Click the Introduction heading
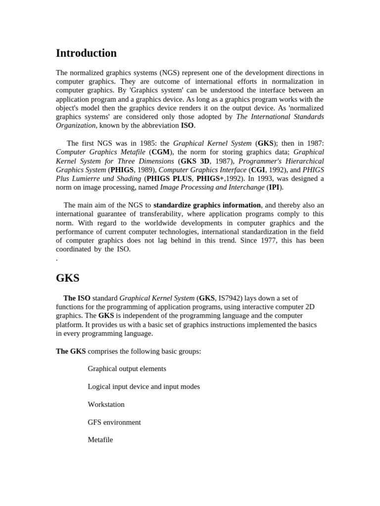click(86, 53)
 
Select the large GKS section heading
click(68, 278)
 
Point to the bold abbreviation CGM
click(161, 152)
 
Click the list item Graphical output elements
click(127, 369)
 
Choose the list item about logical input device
click(143, 386)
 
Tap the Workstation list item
click(106, 404)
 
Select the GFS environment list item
click(114, 422)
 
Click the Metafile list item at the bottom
click(100, 440)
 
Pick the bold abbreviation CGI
click(258, 170)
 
